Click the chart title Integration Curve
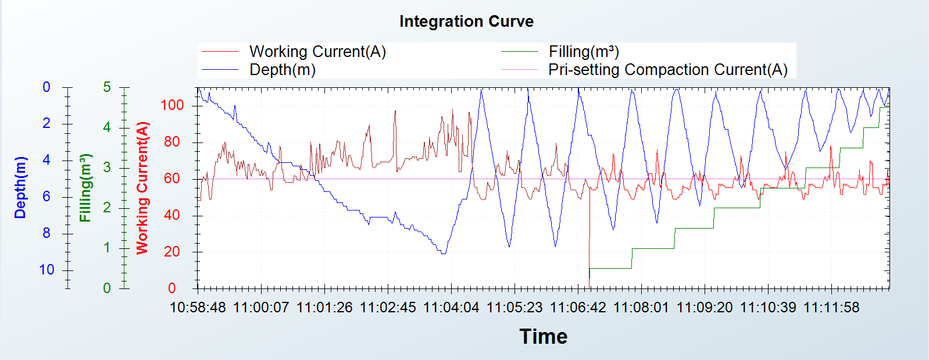point(466,22)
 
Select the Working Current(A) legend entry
point(317,52)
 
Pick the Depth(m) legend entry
point(283,70)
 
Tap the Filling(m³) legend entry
point(584,52)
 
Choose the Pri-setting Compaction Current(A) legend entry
point(667,70)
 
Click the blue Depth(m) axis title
point(20,187)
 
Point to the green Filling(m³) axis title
point(85,187)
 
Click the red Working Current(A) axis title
point(142,187)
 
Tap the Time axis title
point(543,336)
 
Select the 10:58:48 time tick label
point(198,307)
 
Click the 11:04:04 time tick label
point(451,307)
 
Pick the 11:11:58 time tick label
point(831,307)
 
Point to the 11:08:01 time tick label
point(641,307)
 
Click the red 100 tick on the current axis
point(172,105)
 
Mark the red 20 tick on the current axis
point(172,252)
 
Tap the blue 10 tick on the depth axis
point(47,270)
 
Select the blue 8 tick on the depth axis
point(47,233)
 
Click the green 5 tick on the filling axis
point(107,87)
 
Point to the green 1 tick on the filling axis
point(107,248)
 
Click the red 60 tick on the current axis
point(172,179)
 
